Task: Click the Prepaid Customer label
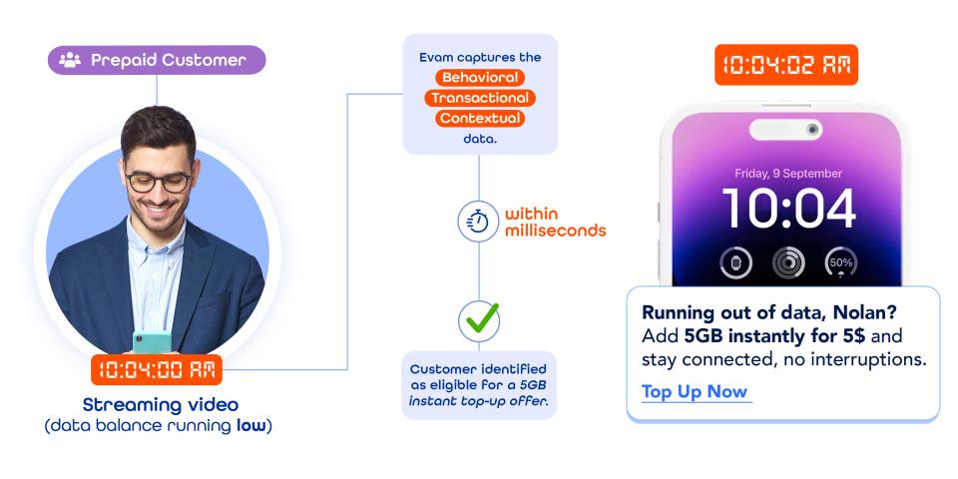point(168,60)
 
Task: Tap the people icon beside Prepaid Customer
point(70,60)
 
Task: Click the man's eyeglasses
point(158,181)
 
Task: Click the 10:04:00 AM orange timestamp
point(158,369)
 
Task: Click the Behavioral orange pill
point(479,77)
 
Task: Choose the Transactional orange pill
point(479,98)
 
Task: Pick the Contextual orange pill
point(479,119)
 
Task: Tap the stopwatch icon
point(477,222)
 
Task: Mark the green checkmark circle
point(479,320)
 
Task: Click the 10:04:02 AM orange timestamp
point(786,65)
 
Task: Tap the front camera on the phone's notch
point(813,130)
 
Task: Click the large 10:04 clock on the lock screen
point(788,209)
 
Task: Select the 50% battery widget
point(840,263)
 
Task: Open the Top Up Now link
point(695,391)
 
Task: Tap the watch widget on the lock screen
point(736,263)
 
